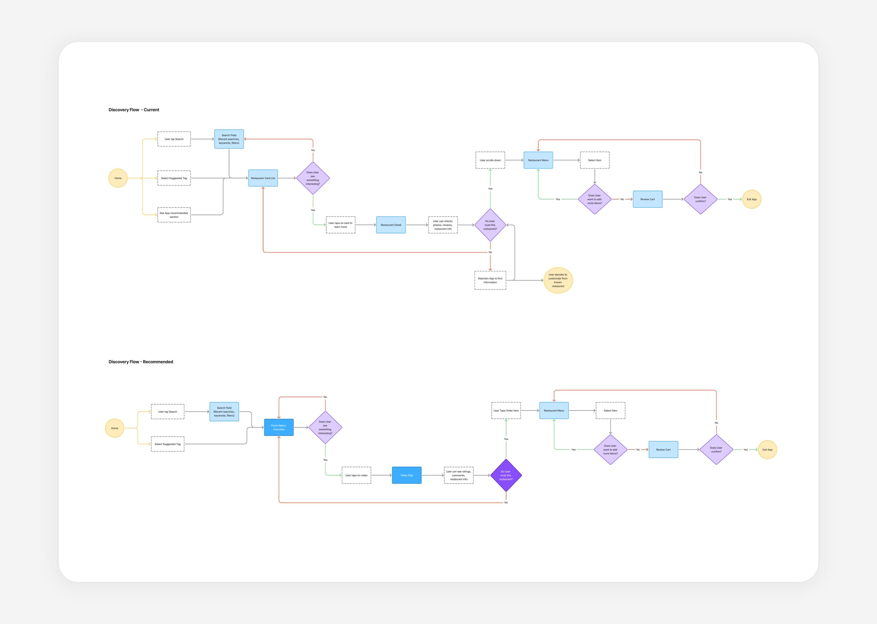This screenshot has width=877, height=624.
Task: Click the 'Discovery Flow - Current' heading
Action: (134, 110)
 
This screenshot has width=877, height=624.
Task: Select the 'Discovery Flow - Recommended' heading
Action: (141, 362)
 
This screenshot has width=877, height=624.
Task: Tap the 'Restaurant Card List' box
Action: (263, 178)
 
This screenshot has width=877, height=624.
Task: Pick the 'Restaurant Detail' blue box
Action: (391, 225)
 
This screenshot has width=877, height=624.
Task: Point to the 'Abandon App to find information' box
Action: (490, 280)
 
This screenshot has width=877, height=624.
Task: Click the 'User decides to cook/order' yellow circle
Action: (558, 280)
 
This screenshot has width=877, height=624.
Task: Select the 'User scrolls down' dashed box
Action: (490, 160)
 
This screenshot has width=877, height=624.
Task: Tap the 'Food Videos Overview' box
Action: (279, 428)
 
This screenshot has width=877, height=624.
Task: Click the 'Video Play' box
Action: (407, 475)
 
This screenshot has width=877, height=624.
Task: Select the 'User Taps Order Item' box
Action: (506, 411)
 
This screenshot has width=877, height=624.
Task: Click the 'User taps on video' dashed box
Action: (357, 475)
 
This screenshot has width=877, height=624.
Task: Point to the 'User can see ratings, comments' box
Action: (459, 475)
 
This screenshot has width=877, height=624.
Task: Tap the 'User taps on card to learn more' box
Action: (340, 225)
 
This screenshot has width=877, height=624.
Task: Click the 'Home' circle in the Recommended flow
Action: (114, 428)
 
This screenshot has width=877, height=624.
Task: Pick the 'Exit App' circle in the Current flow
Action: (751, 199)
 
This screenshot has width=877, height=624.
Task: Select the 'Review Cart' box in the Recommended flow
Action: (664, 449)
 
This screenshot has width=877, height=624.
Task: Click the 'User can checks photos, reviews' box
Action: (443, 225)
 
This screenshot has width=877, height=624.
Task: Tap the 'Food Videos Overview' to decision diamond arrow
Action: (301, 428)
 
